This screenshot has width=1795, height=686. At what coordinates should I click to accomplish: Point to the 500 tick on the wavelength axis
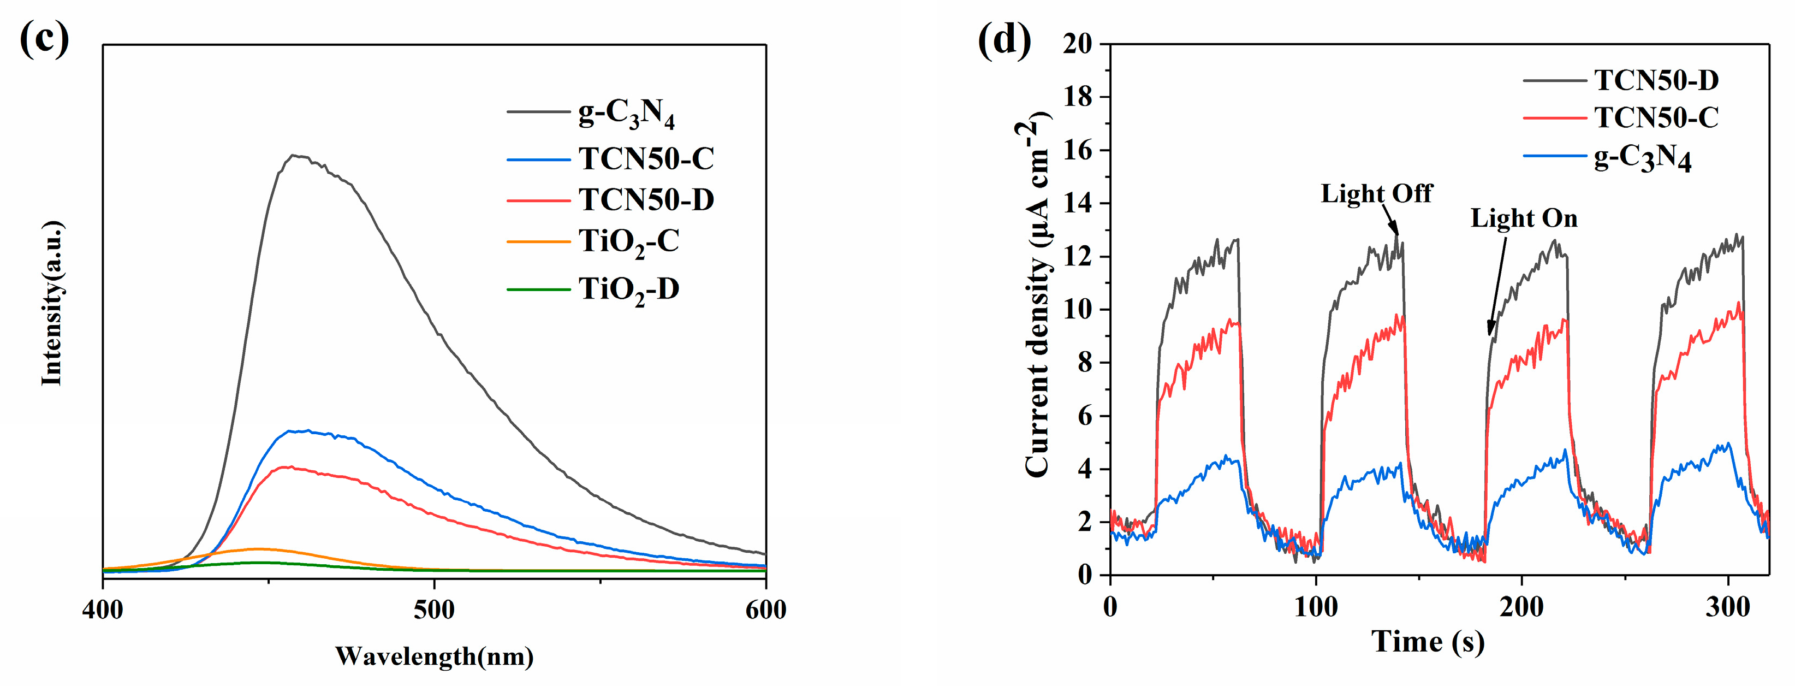(x=434, y=610)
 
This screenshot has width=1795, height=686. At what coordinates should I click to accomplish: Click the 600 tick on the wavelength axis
(x=765, y=610)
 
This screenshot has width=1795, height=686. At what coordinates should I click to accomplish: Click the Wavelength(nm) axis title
(x=434, y=656)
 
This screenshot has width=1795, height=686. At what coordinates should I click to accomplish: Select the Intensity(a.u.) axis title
(x=52, y=303)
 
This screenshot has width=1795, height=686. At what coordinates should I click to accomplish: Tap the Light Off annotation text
(x=1376, y=193)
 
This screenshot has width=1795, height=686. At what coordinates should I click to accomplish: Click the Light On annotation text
(x=1524, y=218)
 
